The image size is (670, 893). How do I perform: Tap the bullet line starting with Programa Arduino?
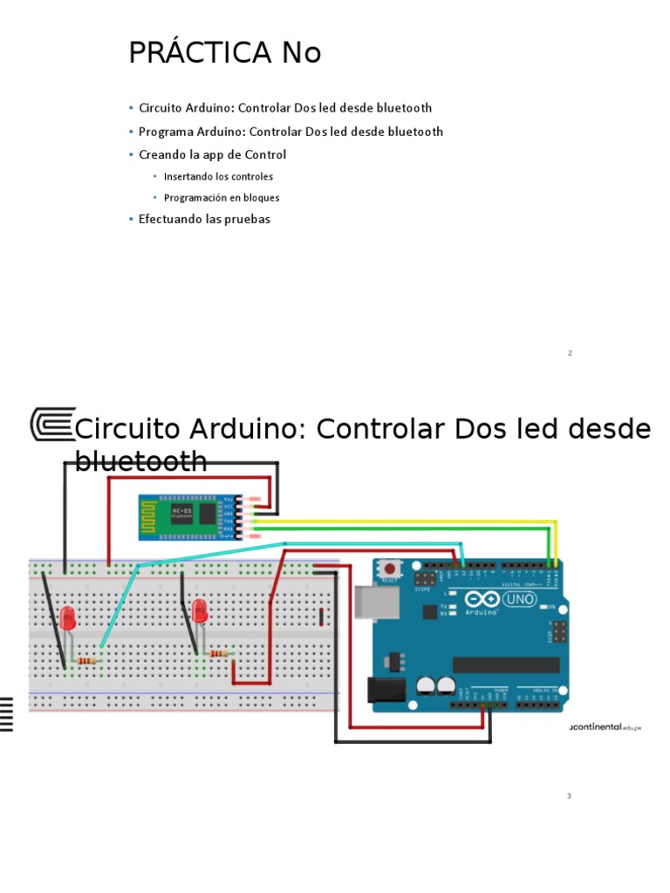[291, 132]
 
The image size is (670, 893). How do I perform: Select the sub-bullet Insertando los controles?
[218, 176]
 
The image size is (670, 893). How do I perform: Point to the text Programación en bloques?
[222, 198]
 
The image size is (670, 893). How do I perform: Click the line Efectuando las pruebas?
[204, 219]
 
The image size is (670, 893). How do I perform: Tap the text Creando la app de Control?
[212, 154]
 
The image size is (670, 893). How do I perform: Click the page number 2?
[569, 353]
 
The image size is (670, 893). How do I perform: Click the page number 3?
[569, 796]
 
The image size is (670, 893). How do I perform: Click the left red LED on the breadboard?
[68, 619]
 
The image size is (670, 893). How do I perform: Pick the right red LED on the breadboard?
[200, 610]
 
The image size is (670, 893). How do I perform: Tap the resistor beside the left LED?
[87, 661]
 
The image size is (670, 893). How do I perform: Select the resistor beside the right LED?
[220, 653]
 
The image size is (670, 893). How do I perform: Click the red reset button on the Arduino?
[389, 568]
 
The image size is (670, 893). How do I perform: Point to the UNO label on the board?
[518, 600]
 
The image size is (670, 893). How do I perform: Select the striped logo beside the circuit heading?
[52, 425]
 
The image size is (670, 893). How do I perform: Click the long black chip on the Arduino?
[505, 665]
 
